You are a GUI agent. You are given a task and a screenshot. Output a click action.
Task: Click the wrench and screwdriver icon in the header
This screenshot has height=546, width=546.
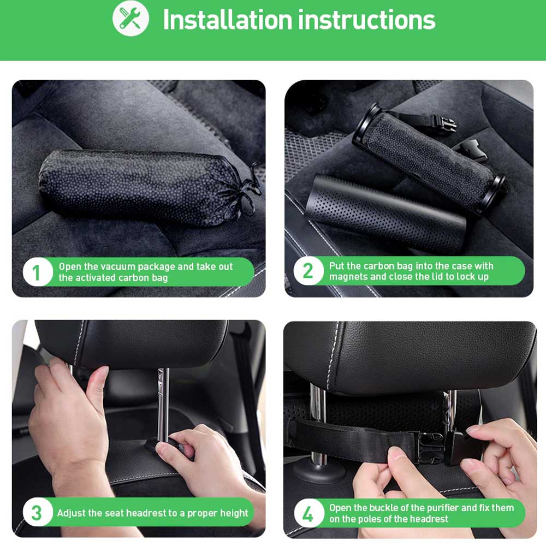pyautogui.click(x=130, y=18)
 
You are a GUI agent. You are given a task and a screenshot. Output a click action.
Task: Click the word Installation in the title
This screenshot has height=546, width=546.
pyautogui.click(x=227, y=20)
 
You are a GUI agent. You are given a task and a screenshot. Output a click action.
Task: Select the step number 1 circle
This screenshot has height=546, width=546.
pyautogui.click(x=37, y=272)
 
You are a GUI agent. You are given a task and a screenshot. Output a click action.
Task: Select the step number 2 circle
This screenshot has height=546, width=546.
pyautogui.click(x=308, y=271)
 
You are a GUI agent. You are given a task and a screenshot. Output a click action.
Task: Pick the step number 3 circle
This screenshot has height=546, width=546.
pyautogui.click(x=37, y=512)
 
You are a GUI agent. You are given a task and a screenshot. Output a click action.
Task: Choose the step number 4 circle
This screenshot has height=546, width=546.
pyautogui.click(x=308, y=513)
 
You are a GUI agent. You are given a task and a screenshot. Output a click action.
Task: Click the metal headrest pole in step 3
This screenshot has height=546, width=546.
pyautogui.click(x=163, y=404)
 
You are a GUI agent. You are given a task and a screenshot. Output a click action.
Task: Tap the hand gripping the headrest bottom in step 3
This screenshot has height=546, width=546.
pyautogui.click(x=70, y=418)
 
